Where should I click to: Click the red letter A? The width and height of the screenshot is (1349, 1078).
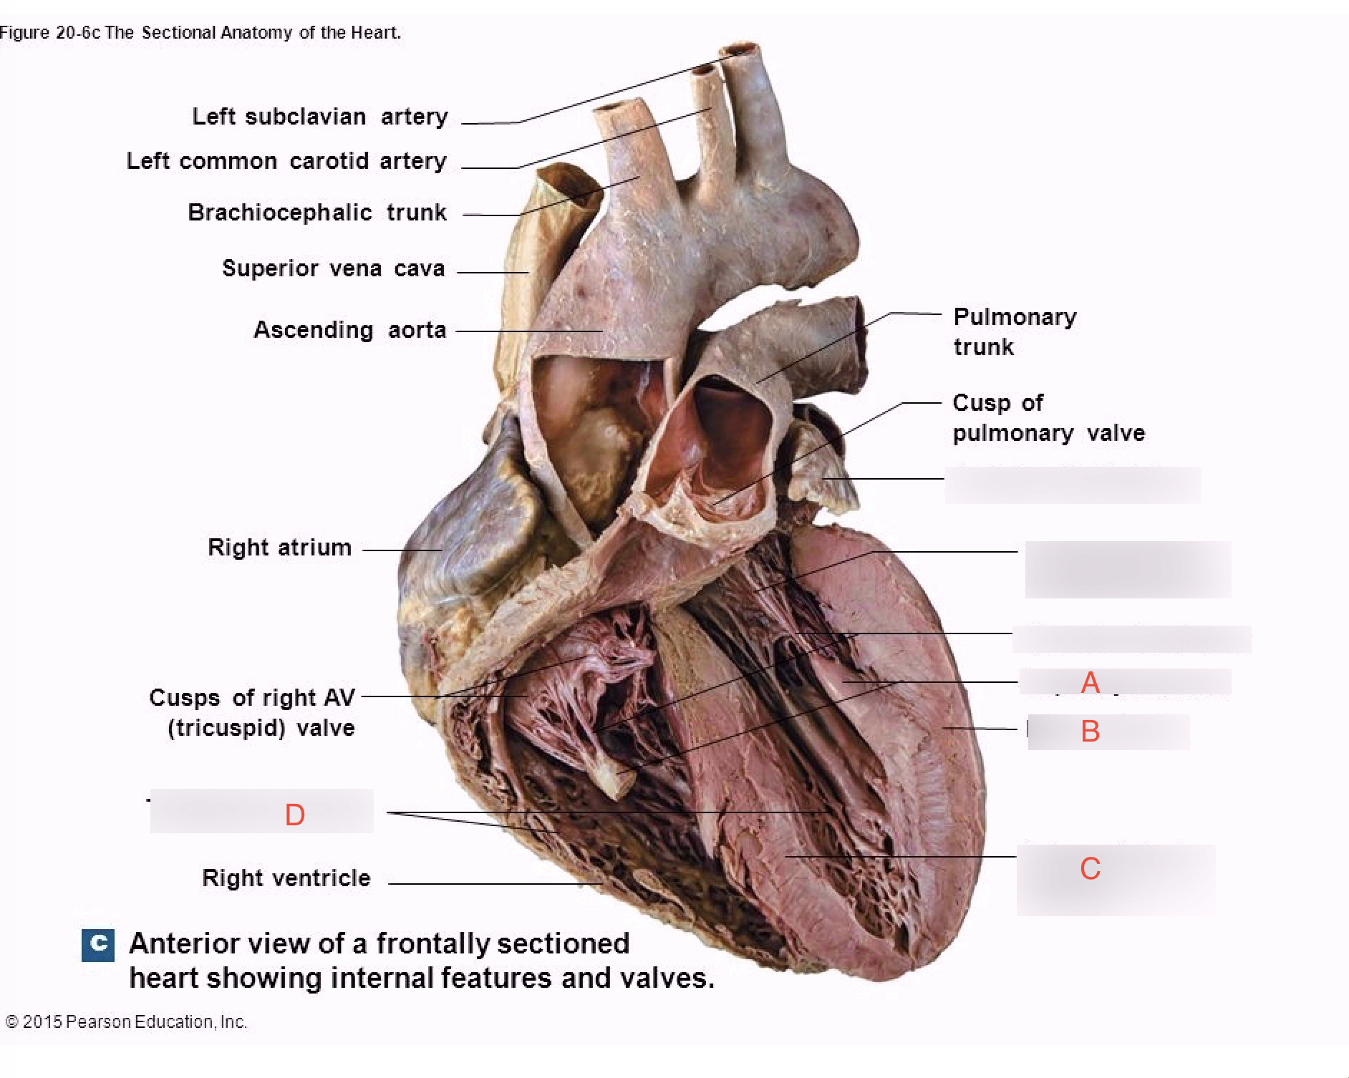pyautogui.click(x=1090, y=683)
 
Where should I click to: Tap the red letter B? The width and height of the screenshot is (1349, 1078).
pyautogui.click(x=1090, y=732)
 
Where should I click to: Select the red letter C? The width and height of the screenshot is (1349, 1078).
pyautogui.click(x=1090, y=869)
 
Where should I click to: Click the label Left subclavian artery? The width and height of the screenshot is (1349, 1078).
pyautogui.click(x=320, y=117)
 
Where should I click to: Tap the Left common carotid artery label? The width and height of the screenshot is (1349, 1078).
pyautogui.click(x=286, y=161)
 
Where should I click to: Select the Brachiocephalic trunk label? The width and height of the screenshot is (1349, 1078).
pyautogui.click(x=317, y=213)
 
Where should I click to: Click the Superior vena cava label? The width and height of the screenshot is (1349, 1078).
pyautogui.click(x=334, y=268)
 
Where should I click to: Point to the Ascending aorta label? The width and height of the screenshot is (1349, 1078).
pyautogui.click(x=350, y=330)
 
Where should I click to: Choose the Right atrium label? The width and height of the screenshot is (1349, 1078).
pyautogui.click(x=280, y=548)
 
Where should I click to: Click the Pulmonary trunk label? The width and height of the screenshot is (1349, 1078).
pyautogui.click(x=1015, y=331)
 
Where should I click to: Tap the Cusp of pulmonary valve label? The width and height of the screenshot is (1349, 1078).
pyautogui.click(x=1048, y=418)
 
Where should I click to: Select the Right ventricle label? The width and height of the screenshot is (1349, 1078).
pyautogui.click(x=286, y=878)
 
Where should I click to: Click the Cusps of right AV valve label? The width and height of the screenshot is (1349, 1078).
pyautogui.click(x=252, y=713)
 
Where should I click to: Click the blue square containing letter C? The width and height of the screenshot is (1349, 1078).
pyautogui.click(x=98, y=945)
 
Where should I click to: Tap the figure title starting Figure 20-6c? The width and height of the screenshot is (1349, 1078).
pyautogui.click(x=200, y=33)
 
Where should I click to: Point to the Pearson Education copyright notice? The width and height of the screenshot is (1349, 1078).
pyautogui.click(x=126, y=1021)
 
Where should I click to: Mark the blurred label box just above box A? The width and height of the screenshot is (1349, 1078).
pyautogui.click(x=1131, y=639)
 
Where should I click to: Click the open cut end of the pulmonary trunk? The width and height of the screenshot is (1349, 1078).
pyautogui.click(x=854, y=344)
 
